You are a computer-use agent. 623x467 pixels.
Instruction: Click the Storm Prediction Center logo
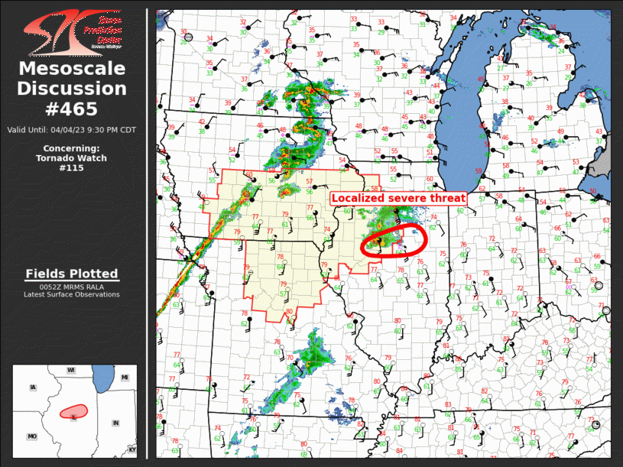(73, 31)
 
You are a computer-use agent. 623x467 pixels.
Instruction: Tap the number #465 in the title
(72, 109)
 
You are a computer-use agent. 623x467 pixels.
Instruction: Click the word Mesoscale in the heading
(72, 69)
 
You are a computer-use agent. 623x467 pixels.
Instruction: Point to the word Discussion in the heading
(72, 89)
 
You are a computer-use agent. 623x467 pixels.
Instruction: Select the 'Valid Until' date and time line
(72, 130)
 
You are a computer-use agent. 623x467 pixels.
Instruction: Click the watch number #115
(71, 167)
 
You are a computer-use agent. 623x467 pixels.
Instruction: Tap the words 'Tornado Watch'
(71, 158)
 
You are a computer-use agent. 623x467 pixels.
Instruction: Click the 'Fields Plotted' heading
(72, 274)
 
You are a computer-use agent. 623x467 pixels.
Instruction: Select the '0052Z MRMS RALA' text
(71, 287)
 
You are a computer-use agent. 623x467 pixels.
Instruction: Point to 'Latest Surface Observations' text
(71, 294)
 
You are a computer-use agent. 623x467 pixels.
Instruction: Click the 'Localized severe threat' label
(398, 198)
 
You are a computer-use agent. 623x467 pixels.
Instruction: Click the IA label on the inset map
(33, 388)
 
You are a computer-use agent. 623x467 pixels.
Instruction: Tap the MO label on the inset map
(32, 436)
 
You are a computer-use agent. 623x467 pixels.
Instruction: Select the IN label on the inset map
(115, 423)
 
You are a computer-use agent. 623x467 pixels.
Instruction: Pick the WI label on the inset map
(70, 370)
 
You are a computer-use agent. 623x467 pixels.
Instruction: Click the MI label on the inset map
(125, 378)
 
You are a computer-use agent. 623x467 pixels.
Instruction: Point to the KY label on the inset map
(132, 449)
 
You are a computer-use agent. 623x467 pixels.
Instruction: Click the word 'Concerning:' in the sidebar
(71, 148)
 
